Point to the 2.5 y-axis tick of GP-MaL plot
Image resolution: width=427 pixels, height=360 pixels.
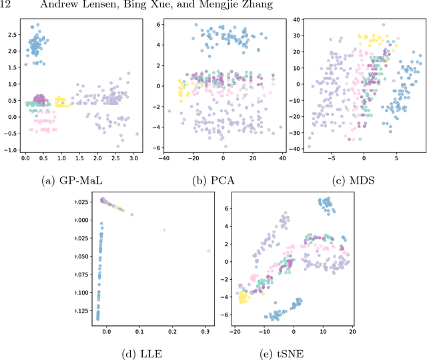(x=12, y=31)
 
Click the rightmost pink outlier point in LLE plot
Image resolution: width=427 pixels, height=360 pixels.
(x=209, y=251)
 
